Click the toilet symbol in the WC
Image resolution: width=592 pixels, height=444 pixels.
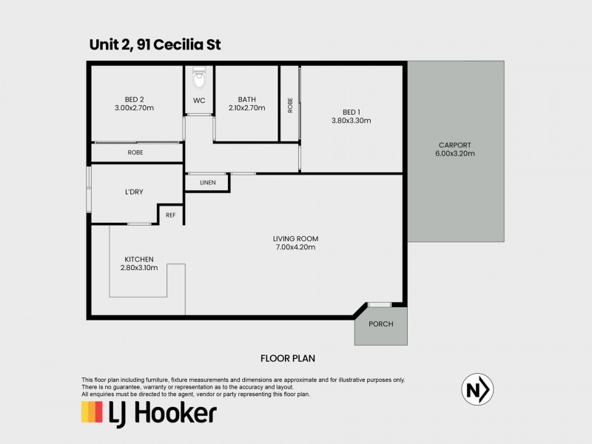click(x=198, y=78)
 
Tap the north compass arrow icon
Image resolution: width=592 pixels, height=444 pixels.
click(x=478, y=389)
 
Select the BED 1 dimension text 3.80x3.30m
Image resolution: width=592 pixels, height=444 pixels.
click(x=351, y=120)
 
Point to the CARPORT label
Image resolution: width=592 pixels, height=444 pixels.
click(x=455, y=145)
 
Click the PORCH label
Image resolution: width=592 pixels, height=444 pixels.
click(x=380, y=324)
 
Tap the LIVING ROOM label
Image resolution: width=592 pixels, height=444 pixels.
click(x=295, y=238)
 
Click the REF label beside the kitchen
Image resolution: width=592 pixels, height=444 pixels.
click(x=170, y=215)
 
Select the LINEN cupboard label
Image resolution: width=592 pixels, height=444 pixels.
click(x=207, y=183)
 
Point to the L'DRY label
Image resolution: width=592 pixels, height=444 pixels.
click(x=134, y=192)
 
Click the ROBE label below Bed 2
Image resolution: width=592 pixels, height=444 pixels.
click(x=135, y=152)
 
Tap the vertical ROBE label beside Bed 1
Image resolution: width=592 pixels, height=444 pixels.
click(x=290, y=105)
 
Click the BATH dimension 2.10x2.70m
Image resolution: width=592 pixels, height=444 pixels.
click(x=246, y=108)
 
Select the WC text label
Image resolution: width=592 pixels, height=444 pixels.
click(x=199, y=100)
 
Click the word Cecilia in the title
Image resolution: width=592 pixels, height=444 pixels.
click(x=178, y=46)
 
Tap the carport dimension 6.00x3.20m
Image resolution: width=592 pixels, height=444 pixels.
click(x=455, y=154)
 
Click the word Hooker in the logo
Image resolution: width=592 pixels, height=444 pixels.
click(x=177, y=412)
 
